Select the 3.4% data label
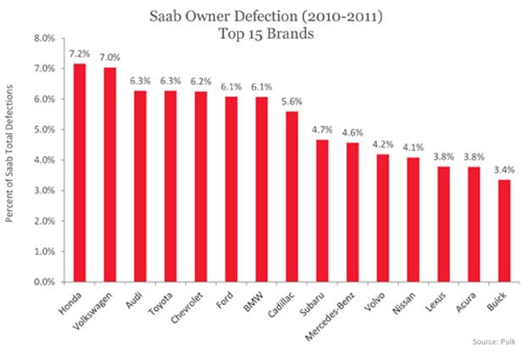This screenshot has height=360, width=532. coord(504,168)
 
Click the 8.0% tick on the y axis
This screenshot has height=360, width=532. coord(44,39)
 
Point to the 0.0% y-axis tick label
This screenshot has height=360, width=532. coord(44,282)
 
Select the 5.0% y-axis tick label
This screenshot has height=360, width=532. coord(44,130)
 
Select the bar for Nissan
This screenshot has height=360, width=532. coord(413,219)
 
